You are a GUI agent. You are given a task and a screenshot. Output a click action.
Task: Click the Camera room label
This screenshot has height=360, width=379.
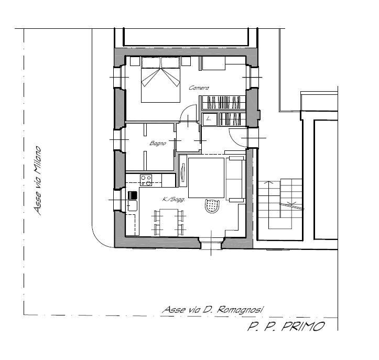pyautogui.click(x=199, y=88)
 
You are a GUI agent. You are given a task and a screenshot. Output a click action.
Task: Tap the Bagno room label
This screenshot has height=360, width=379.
pyautogui.click(x=158, y=143)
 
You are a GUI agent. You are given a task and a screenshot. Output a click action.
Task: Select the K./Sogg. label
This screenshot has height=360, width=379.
pyautogui.click(x=174, y=200)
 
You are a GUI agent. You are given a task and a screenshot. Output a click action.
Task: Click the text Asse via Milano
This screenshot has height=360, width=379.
pyautogui.click(x=38, y=180)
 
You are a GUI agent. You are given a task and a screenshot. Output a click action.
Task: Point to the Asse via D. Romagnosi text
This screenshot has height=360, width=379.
pyautogui.click(x=212, y=310)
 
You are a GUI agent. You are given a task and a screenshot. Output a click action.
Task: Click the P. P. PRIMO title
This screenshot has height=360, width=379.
pyautogui.click(x=286, y=326)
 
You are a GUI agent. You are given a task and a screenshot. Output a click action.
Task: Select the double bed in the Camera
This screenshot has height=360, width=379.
pyautogui.click(x=160, y=80)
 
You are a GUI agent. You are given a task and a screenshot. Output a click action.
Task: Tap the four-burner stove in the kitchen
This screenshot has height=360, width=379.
pyautogui.click(x=146, y=180)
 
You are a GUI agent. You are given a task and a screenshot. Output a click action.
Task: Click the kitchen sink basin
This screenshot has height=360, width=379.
pyautogui.click(x=132, y=205)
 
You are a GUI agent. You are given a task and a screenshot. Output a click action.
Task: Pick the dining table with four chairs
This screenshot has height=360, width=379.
pyautogui.click(x=169, y=222)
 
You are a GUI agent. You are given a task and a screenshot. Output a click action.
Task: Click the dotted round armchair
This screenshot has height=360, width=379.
pyautogui.click(x=212, y=206)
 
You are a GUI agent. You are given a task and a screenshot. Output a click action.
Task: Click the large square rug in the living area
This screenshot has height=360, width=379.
pyautogui.click(x=206, y=178)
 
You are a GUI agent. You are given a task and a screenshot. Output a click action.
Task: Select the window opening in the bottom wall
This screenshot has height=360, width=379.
pyautogui.click(x=211, y=244)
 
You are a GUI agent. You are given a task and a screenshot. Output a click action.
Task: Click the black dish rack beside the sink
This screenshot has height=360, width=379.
pyautogui.click(x=133, y=195)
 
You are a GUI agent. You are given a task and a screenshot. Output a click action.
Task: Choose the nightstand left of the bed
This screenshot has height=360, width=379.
pyautogui.click(x=135, y=61)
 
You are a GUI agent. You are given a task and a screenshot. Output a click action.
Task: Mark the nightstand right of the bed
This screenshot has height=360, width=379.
pyautogui.click(x=186, y=61)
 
